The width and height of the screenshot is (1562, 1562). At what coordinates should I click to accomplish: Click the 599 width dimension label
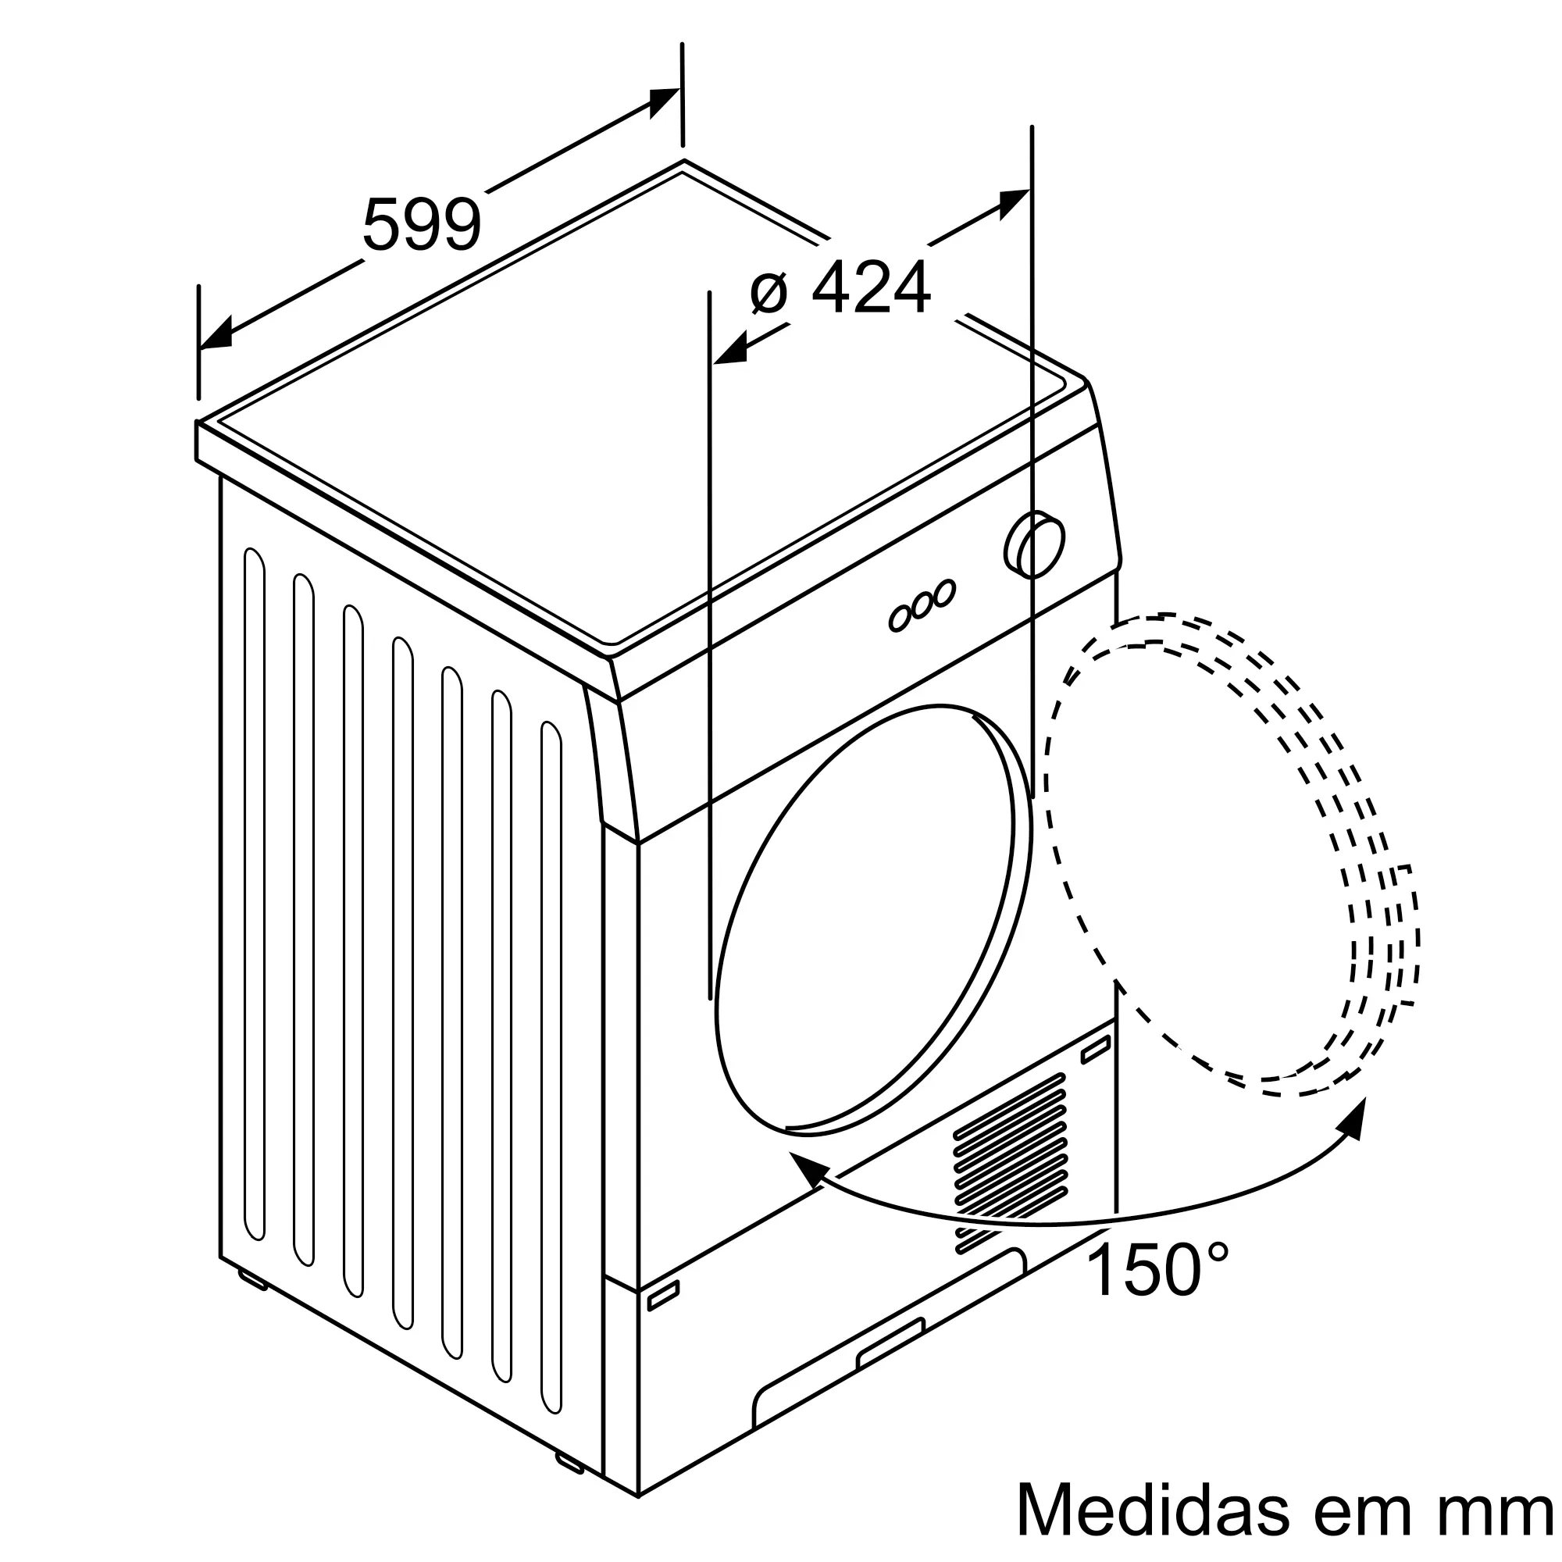pos(421,225)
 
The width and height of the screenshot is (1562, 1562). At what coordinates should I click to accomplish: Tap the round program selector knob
pos(1035,544)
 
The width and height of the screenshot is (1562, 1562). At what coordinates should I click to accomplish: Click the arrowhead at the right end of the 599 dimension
pos(665,101)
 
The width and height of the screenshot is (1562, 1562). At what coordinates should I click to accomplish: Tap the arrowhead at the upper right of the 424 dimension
pos(1014,202)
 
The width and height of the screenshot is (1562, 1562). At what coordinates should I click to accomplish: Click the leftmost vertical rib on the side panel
pos(254,894)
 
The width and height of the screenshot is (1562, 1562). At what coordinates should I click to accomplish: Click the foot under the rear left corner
pos(252,1280)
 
